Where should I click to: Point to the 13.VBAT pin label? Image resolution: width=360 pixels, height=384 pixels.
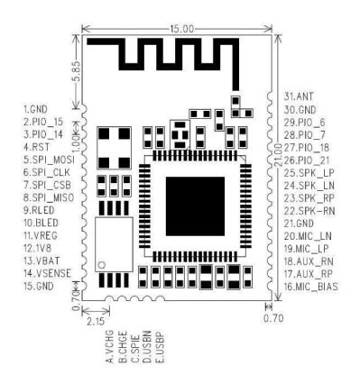42,257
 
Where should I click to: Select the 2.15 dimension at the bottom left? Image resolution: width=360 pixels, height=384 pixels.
94,318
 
